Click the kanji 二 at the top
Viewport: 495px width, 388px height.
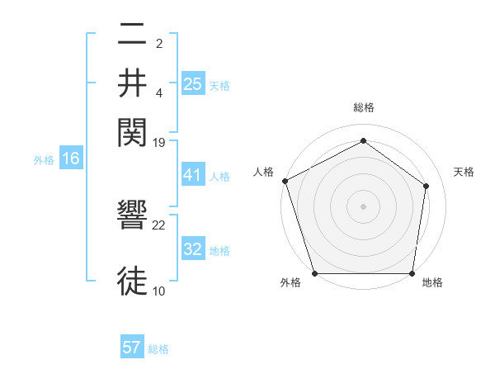pyautogui.click(x=132, y=35)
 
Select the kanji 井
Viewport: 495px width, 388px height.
pyautogui.click(x=132, y=83)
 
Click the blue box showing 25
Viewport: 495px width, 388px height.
pyautogui.click(x=192, y=83)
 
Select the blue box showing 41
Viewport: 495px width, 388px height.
pyautogui.click(x=192, y=176)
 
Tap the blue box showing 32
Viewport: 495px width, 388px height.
pyautogui.click(x=192, y=249)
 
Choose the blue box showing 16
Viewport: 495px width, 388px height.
pyautogui.click(x=70, y=159)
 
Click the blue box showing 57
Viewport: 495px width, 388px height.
pyautogui.click(x=132, y=348)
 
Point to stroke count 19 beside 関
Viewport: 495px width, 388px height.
pyautogui.click(x=159, y=142)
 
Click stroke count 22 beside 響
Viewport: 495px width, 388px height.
pyautogui.click(x=159, y=225)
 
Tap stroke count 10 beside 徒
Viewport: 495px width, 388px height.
pyautogui.click(x=159, y=291)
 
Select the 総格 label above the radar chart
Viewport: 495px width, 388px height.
pyautogui.click(x=363, y=107)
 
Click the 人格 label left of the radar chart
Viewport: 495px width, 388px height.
pyautogui.click(x=264, y=172)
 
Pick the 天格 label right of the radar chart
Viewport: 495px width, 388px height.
pyautogui.click(x=464, y=172)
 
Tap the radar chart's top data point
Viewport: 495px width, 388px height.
pyautogui.click(x=363, y=140)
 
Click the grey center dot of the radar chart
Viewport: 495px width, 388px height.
pyautogui.click(x=363, y=206)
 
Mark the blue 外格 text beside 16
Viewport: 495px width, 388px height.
pyautogui.click(x=43, y=160)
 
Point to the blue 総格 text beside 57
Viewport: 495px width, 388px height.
pyautogui.click(x=158, y=348)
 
